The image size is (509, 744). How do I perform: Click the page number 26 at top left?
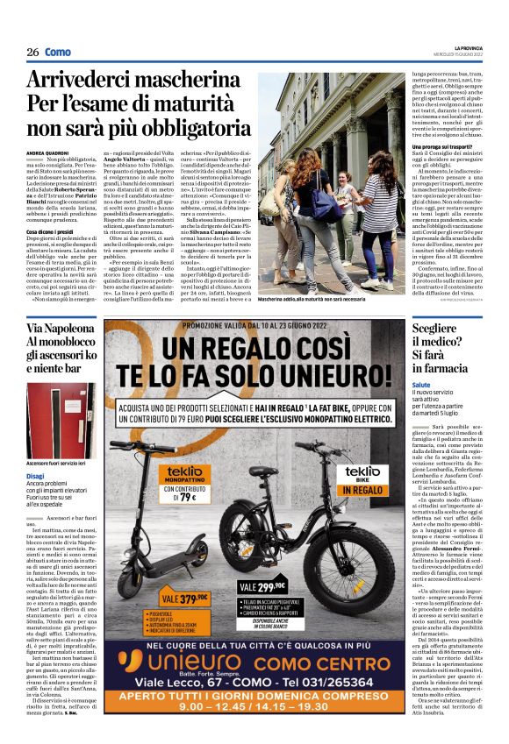(x=32, y=52)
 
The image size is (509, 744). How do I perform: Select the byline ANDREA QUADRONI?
(x=48, y=152)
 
